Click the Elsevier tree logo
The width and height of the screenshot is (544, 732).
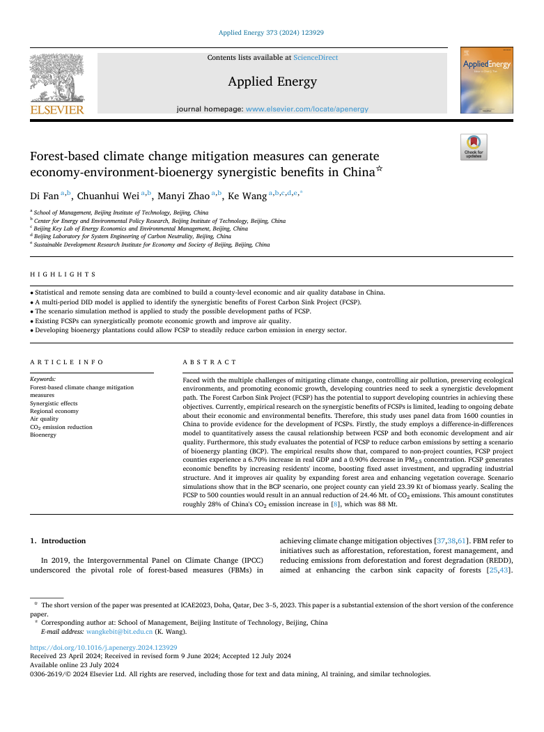[x=57, y=83]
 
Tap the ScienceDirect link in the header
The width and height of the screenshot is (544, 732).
[x=316, y=57]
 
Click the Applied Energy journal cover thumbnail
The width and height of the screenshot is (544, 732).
[x=486, y=81]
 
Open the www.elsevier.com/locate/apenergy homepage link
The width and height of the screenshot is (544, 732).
[x=307, y=109]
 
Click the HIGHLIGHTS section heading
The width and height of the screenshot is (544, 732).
[x=63, y=275]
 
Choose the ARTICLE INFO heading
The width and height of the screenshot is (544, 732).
[x=67, y=362]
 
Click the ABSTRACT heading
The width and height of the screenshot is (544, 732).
[x=210, y=362]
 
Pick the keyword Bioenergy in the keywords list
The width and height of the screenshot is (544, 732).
[x=43, y=435]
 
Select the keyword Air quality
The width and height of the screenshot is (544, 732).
[x=45, y=419]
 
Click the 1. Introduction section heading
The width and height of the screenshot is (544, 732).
[x=58, y=540]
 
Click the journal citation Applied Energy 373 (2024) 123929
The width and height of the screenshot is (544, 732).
[x=271, y=32]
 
